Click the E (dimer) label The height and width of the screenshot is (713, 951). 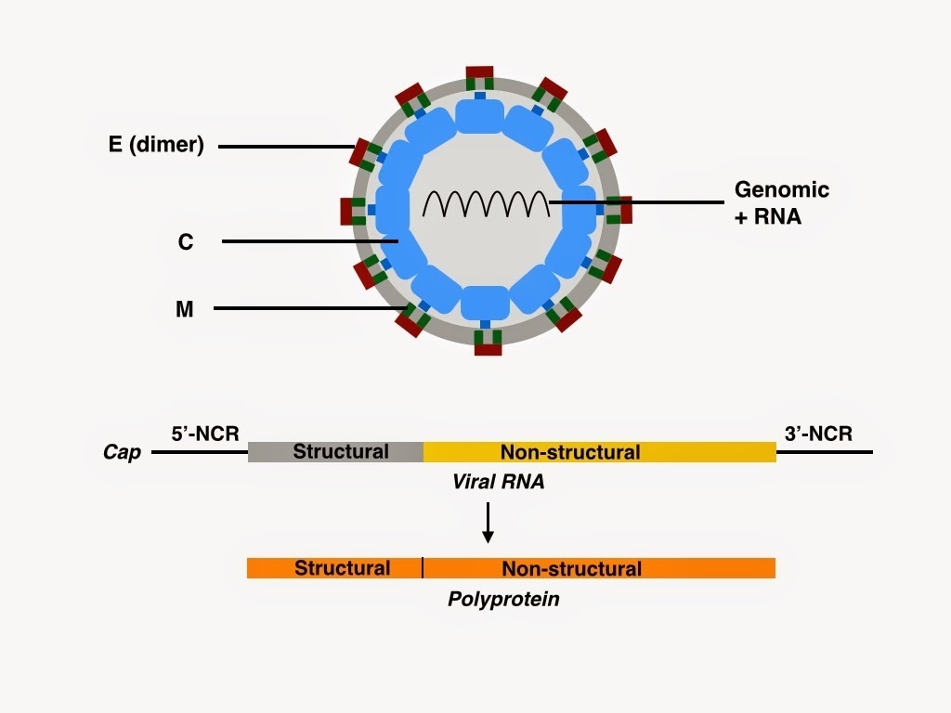156,145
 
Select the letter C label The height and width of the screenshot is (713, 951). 186,242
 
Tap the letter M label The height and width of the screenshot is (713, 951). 185,309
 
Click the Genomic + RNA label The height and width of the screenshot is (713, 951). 781,202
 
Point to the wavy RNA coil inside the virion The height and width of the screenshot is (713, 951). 486,201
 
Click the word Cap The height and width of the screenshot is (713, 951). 122,453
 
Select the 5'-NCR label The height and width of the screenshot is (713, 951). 204,433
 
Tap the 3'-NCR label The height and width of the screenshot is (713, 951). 818,433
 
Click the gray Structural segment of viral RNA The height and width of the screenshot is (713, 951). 336,452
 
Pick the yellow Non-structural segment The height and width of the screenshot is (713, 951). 599,452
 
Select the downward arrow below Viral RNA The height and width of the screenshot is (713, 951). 488,525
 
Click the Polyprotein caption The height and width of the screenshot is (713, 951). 503,599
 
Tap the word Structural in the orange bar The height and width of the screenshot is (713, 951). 342,568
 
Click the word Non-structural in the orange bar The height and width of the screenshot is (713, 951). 571,568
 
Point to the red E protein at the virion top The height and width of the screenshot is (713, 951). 480,72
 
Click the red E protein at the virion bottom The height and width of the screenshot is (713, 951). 488,349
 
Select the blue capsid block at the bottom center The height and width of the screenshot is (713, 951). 485,304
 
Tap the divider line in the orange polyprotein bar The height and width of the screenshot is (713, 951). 423,568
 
